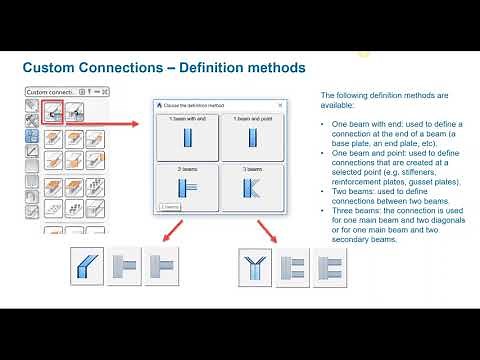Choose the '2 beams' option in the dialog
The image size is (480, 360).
tap(187, 188)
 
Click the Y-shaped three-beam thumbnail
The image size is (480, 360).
tap(255, 267)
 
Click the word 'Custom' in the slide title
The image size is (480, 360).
tap(49, 68)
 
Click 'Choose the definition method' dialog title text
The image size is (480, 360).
tap(200, 105)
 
